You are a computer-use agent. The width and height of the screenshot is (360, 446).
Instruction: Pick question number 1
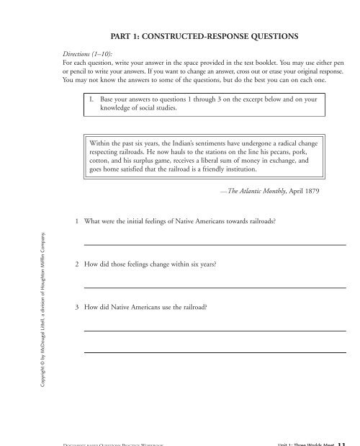77,224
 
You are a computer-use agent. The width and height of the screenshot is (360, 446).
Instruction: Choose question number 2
77,265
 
